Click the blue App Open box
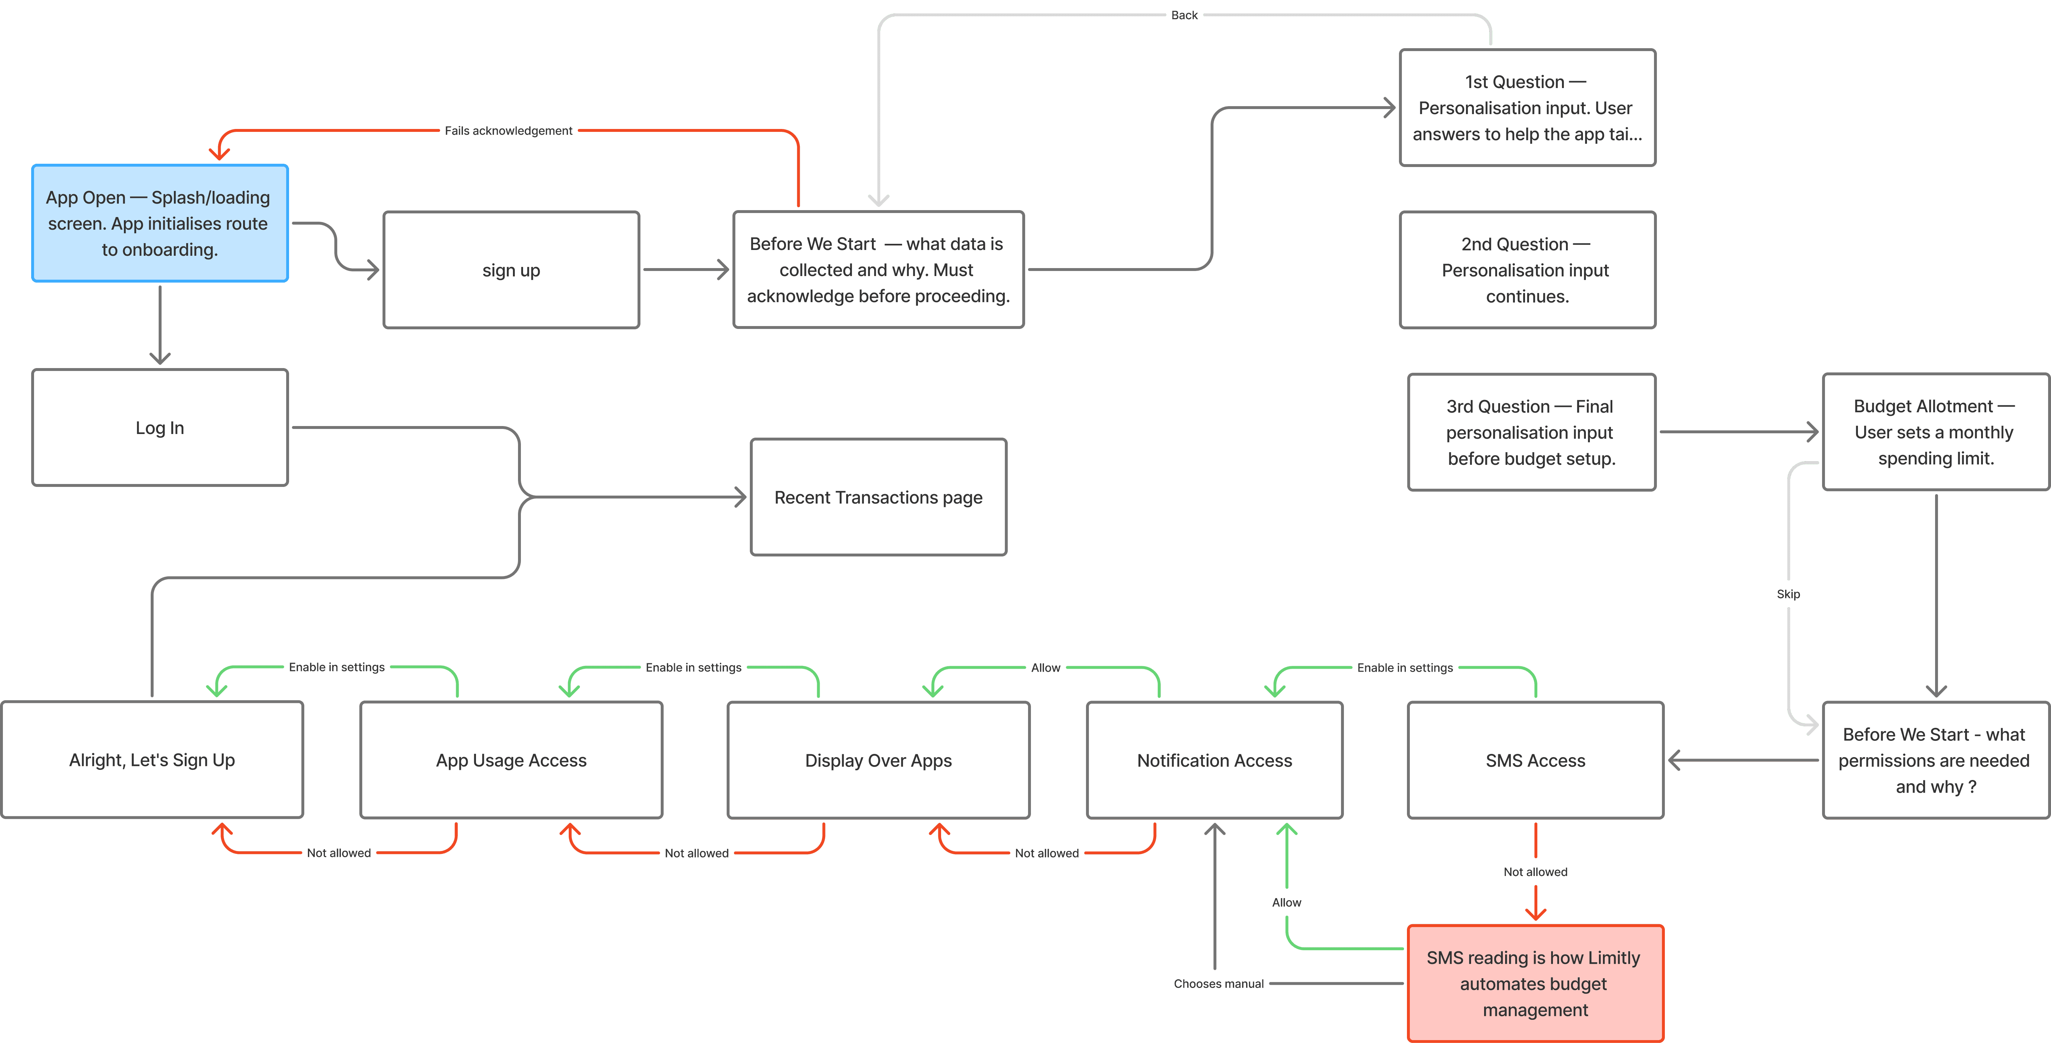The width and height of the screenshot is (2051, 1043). click(x=160, y=223)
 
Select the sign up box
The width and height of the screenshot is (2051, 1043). click(x=511, y=270)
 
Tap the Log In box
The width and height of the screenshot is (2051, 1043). click(x=160, y=427)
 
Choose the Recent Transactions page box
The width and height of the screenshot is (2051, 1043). click(x=878, y=497)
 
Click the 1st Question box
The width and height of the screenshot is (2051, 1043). click(x=1527, y=108)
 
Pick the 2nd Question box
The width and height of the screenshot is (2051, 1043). click(x=1527, y=270)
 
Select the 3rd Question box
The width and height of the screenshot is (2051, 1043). click(x=1531, y=432)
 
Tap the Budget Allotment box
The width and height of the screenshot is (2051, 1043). click(x=1935, y=432)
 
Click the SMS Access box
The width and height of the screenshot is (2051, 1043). click(x=1535, y=760)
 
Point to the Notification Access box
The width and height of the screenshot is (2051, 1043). click(x=1214, y=760)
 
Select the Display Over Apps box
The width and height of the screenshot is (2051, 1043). click(x=878, y=760)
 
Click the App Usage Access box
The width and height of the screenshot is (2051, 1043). click(x=511, y=760)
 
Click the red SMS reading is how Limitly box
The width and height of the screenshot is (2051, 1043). click(x=1535, y=983)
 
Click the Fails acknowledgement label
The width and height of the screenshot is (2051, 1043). click(x=508, y=130)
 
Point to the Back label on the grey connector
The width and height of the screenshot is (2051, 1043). click(x=1184, y=15)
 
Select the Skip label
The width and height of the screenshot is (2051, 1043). click(x=1788, y=594)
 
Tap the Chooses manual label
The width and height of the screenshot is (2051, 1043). click(x=1218, y=984)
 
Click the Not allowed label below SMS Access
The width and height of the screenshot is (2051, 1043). click(x=1535, y=872)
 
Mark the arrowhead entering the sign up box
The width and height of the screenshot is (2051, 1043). click(x=372, y=270)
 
